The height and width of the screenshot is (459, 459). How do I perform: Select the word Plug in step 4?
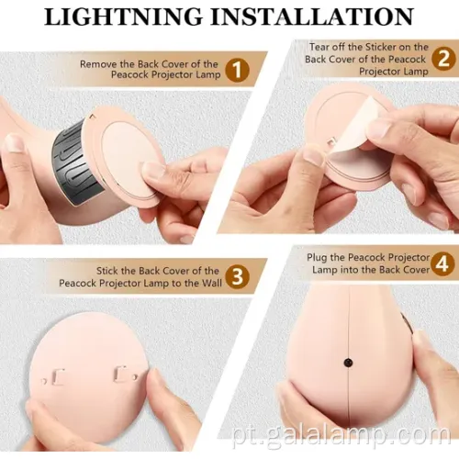[x=319, y=257]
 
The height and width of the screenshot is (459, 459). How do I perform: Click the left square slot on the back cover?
[x=56, y=375]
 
